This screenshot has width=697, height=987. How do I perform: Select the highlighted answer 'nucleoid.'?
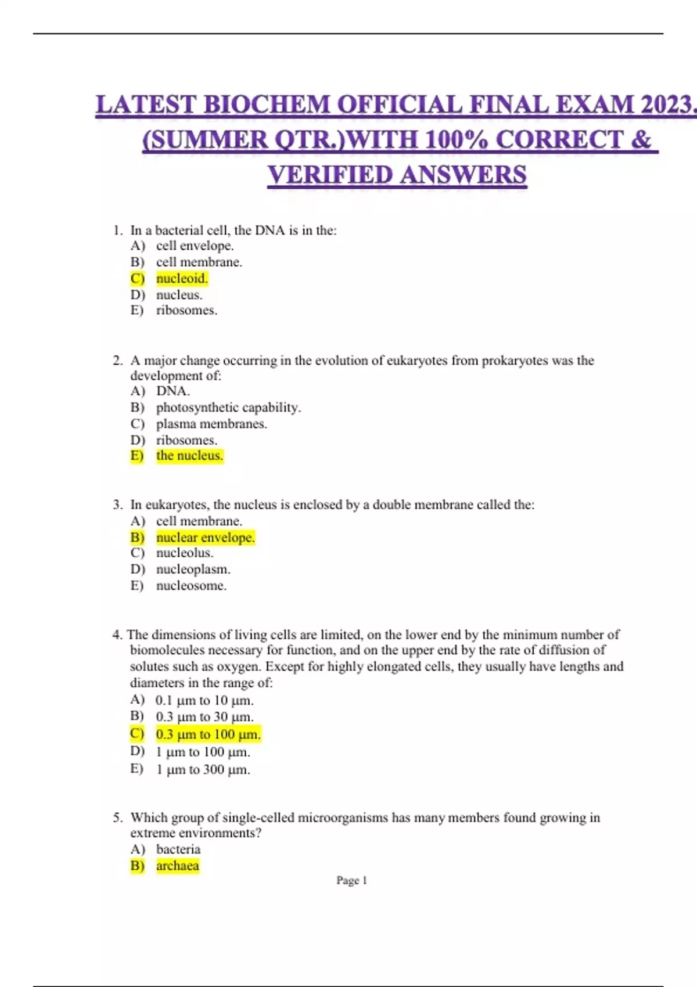pos(182,279)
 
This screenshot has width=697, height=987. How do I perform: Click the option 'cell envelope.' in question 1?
pos(195,246)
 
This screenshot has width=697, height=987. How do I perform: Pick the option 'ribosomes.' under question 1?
pos(186,310)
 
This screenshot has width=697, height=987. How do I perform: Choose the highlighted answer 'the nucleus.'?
pos(189,456)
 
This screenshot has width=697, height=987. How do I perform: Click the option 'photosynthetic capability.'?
pos(228,408)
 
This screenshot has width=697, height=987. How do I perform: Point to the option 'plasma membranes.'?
pos(211,424)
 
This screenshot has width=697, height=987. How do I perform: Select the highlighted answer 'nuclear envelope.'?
pos(205,538)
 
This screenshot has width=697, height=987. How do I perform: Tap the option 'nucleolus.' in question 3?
pos(185,553)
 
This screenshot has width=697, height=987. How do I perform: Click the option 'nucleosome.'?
pos(191,585)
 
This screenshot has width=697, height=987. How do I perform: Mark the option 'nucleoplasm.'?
pos(193,569)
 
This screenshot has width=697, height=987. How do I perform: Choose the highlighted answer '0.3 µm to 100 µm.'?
pos(208,734)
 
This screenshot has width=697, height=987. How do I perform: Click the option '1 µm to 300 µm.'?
pos(203,770)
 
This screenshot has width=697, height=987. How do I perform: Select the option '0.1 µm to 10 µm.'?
pos(204,700)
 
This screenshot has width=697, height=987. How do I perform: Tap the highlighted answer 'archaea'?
pos(177,866)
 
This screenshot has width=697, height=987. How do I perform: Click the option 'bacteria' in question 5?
pos(178,849)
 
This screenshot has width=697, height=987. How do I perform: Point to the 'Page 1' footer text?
pos(351,880)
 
